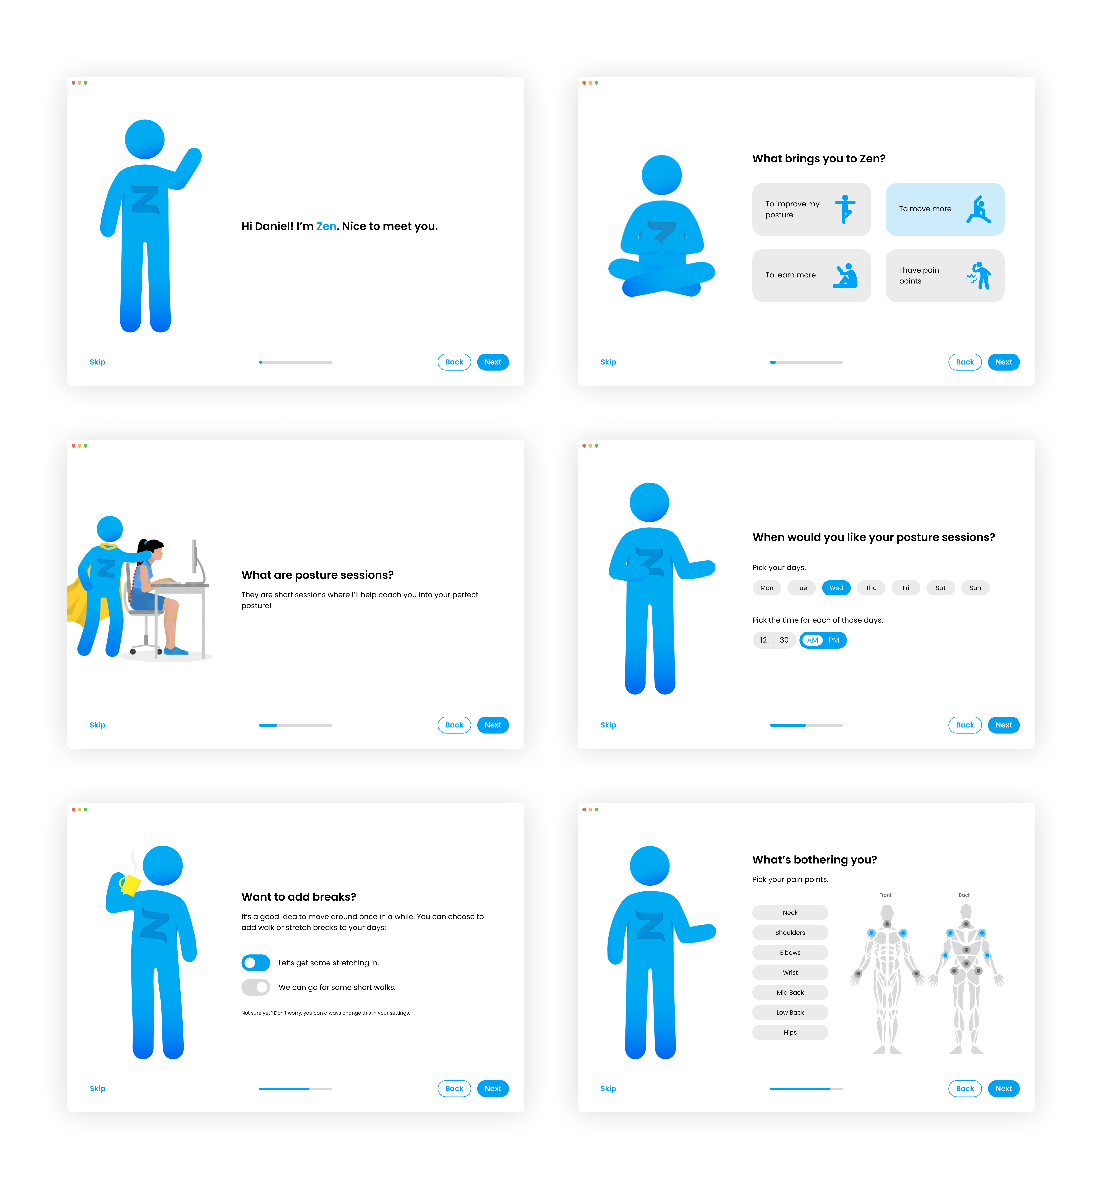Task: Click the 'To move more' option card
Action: (945, 209)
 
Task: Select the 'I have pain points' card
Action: (945, 275)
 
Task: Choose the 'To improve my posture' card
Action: (811, 209)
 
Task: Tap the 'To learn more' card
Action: (811, 275)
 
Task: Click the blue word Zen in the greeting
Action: (326, 227)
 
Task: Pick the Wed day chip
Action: (836, 588)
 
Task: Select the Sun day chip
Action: (975, 588)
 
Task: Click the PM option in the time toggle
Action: (834, 640)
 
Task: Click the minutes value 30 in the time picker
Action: (784, 640)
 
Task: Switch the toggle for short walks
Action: (256, 987)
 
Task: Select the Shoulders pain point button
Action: (790, 933)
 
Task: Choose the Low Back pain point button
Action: (790, 1012)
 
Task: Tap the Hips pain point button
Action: (790, 1032)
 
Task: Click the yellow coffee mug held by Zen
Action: (130, 885)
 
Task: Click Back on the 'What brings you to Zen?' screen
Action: (965, 362)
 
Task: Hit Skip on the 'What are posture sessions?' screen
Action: (97, 725)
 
